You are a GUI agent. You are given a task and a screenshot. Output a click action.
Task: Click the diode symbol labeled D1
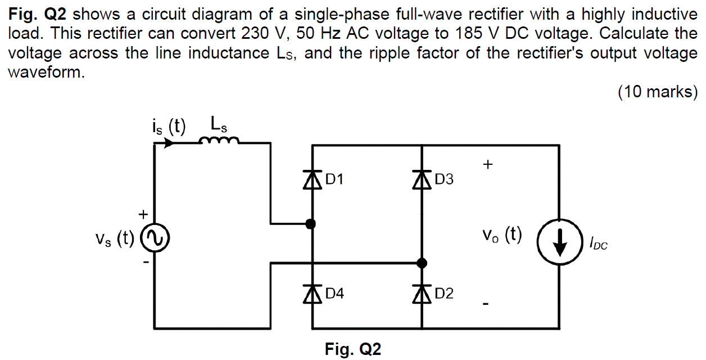tap(313, 180)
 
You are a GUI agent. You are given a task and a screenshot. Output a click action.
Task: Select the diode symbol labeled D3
tap(422, 180)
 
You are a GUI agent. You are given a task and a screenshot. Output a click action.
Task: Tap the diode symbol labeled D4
tap(313, 293)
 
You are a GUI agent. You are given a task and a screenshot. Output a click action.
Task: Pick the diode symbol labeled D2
tap(422, 293)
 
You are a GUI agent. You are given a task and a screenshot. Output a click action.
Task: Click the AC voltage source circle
tap(155, 238)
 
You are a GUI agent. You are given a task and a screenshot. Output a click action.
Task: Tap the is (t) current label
tap(169, 125)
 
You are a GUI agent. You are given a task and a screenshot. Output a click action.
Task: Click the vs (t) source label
tap(114, 239)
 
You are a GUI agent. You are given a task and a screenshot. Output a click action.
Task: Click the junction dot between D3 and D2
tap(422, 263)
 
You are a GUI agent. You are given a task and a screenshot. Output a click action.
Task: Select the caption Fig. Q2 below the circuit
tap(352, 349)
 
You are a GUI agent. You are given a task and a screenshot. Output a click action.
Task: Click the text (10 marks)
tap(657, 91)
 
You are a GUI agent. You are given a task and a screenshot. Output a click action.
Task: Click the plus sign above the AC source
tap(143, 214)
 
